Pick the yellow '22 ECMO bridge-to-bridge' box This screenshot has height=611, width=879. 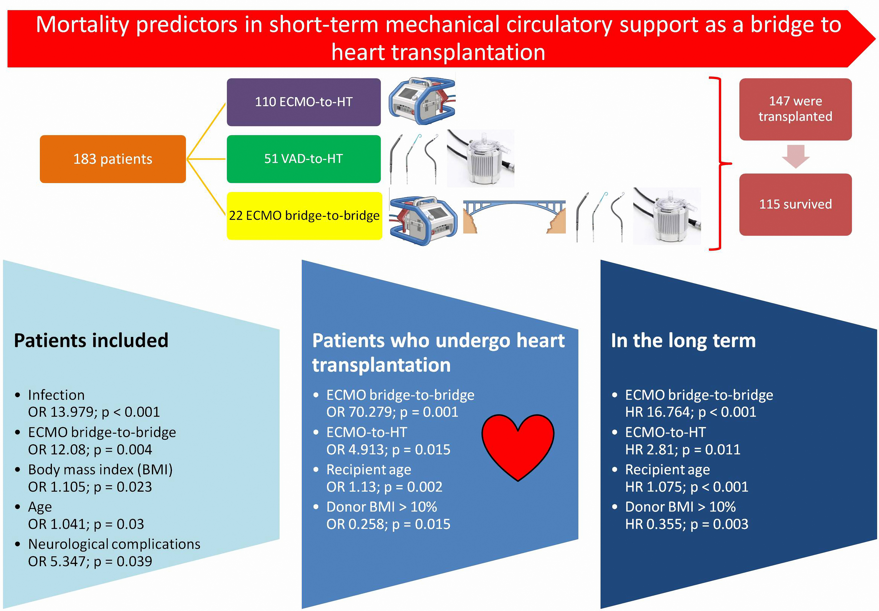click(x=304, y=216)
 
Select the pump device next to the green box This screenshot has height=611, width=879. click(x=481, y=158)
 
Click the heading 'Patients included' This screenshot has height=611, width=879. click(x=91, y=340)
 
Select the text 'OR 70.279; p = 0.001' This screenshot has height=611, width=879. click(x=392, y=412)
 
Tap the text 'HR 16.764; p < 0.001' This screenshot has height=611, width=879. click(x=691, y=412)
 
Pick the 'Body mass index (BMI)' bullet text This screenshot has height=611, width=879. click(x=100, y=470)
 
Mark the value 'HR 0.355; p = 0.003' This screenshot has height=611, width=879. click(x=687, y=524)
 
